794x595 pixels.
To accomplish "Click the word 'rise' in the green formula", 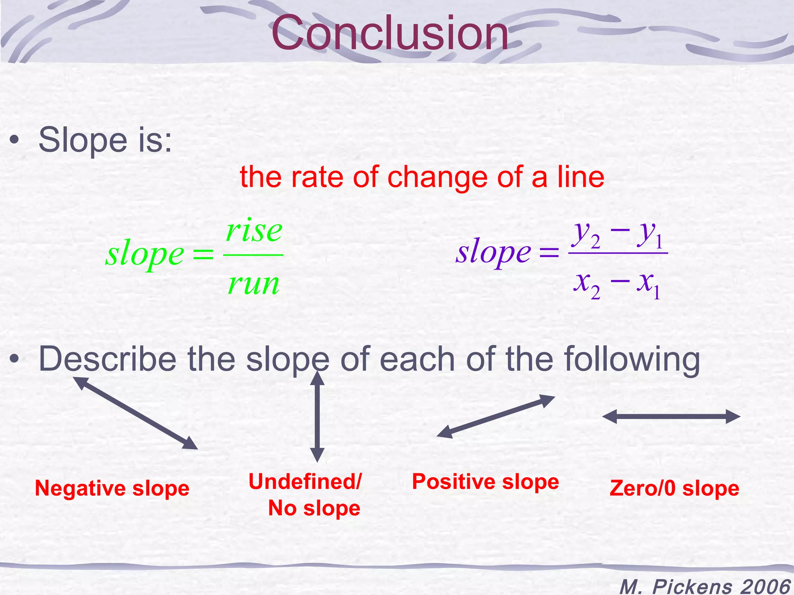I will [x=254, y=231].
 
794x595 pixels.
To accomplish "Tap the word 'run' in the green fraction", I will [x=254, y=284].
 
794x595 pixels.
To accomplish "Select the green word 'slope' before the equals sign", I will [x=145, y=255].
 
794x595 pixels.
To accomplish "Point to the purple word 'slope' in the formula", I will [x=493, y=253].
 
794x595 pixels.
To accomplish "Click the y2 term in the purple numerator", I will [x=587, y=234].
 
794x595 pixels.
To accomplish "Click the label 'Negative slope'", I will [x=112, y=488].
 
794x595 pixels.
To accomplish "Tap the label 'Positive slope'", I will [x=485, y=482].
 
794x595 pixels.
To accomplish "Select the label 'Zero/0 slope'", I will [x=674, y=488].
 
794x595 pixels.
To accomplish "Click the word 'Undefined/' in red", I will [x=305, y=482].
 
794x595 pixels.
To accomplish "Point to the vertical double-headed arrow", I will [x=317, y=417].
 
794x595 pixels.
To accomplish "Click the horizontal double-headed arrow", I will [x=671, y=417].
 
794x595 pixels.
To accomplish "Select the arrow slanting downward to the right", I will [x=136, y=413].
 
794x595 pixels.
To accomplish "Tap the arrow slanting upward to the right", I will [x=496, y=416].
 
